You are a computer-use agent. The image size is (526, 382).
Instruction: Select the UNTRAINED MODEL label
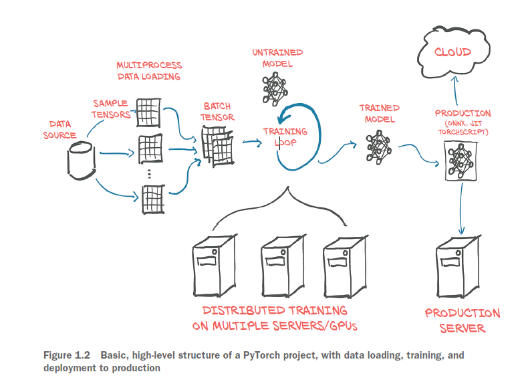click(277, 58)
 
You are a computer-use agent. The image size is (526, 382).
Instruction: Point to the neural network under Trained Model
click(378, 146)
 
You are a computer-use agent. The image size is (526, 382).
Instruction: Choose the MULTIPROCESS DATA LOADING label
click(149, 71)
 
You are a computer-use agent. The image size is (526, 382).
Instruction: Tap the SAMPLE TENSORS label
click(112, 108)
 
